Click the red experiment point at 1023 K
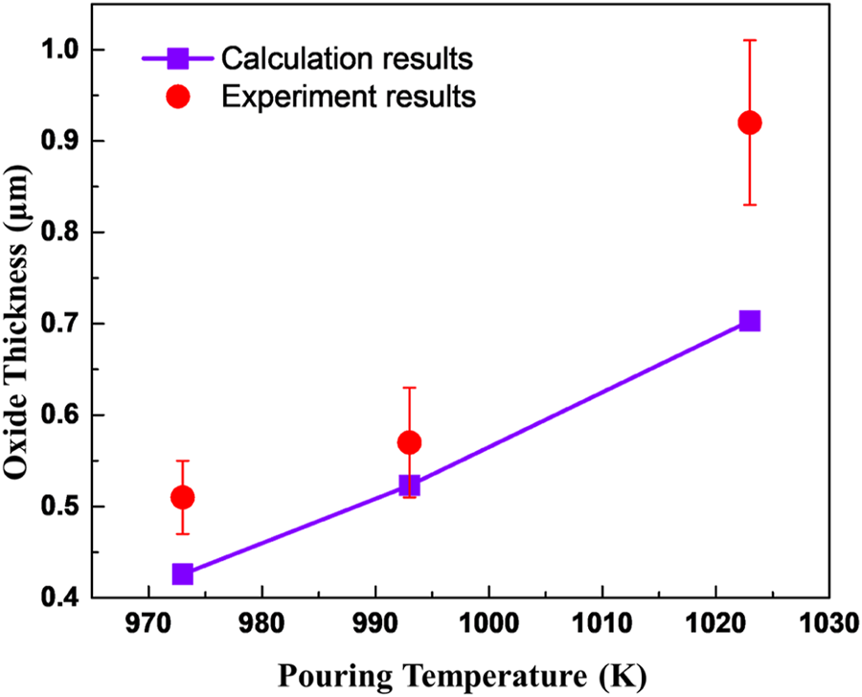(x=750, y=123)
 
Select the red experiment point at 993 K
(x=409, y=442)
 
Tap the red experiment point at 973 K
(x=182, y=497)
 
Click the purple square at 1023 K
(x=750, y=321)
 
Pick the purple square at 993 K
(x=409, y=485)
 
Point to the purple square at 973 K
(x=182, y=574)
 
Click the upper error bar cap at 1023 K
(x=750, y=40)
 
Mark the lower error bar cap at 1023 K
(x=750, y=205)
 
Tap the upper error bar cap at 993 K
(x=409, y=387)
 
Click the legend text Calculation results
(x=347, y=59)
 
